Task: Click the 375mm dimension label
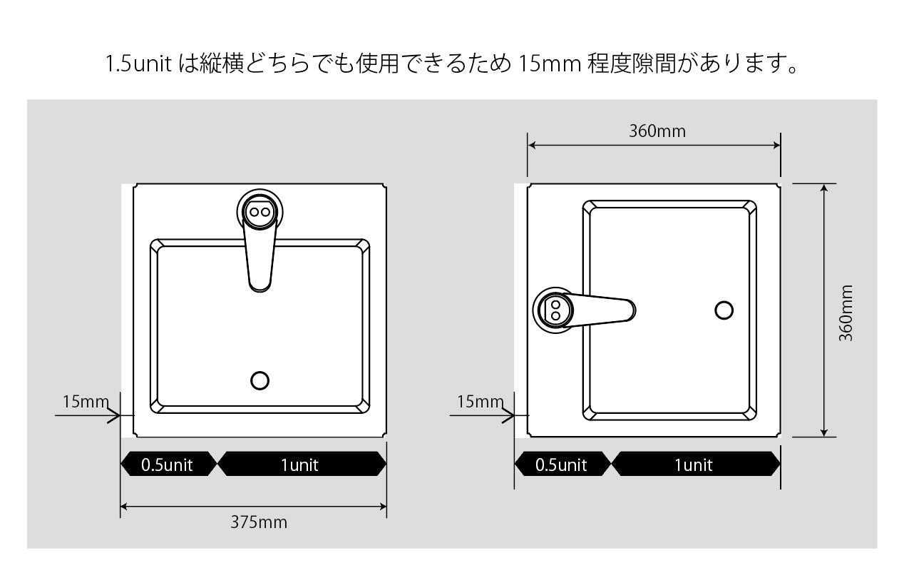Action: click(x=259, y=522)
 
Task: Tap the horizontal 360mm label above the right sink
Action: click(x=657, y=131)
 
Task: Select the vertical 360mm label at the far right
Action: click(x=846, y=313)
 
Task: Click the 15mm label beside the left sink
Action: click(x=86, y=402)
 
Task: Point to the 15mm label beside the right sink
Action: click(x=481, y=402)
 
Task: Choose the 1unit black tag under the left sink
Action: click(x=302, y=464)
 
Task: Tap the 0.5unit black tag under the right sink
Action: click(x=563, y=464)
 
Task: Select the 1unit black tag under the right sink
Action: click(x=696, y=464)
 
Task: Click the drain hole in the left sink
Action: click(x=260, y=380)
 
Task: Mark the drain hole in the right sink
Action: click(x=724, y=310)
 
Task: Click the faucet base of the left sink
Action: click(x=260, y=212)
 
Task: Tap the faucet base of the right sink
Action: click(x=555, y=310)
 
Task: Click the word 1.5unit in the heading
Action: click(x=139, y=64)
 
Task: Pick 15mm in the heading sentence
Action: click(x=549, y=64)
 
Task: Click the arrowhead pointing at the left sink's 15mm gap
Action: click(x=114, y=415)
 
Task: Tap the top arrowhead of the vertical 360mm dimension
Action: click(x=824, y=188)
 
